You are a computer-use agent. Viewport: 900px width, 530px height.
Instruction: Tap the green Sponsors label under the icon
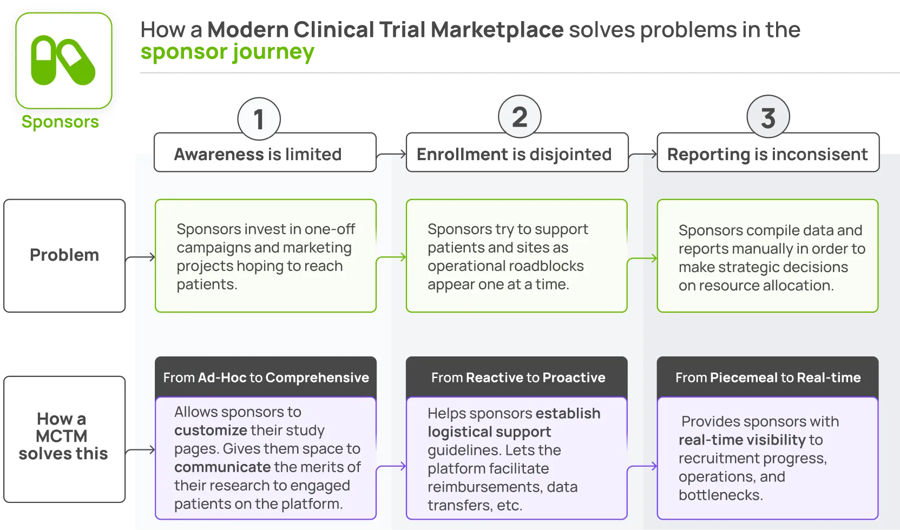tap(60, 122)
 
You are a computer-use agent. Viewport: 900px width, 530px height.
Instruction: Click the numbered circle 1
tap(259, 119)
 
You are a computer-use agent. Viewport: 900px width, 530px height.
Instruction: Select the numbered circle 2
tap(520, 117)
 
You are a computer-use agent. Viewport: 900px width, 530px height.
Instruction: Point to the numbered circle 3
tap(768, 117)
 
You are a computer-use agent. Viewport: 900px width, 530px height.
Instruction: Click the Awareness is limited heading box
tap(265, 153)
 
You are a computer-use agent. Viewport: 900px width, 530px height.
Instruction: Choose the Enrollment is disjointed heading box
tap(517, 153)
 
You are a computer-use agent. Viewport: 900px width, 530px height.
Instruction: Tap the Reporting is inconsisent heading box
tap(768, 153)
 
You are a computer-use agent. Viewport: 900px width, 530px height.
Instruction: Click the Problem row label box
tap(64, 256)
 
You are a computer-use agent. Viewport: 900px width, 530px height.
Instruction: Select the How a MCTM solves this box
tap(64, 439)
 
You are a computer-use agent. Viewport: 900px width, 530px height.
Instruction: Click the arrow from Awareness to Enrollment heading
tap(391, 154)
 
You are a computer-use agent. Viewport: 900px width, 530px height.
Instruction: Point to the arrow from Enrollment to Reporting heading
tap(643, 154)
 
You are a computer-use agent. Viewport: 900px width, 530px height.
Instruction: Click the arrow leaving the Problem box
tap(140, 257)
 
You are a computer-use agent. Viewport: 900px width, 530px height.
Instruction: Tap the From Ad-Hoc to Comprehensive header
tap(266, 377)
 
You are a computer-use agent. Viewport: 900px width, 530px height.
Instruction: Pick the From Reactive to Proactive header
tap(517, 377)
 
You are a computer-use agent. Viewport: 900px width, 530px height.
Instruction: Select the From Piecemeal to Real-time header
tap(768, 377)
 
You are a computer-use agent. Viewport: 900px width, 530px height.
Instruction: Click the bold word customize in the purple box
tap(211, 430)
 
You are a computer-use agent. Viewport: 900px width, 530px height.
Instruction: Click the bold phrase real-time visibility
tap(742, 440)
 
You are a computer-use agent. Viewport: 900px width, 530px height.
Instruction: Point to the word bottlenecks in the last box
tap(720, 495)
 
